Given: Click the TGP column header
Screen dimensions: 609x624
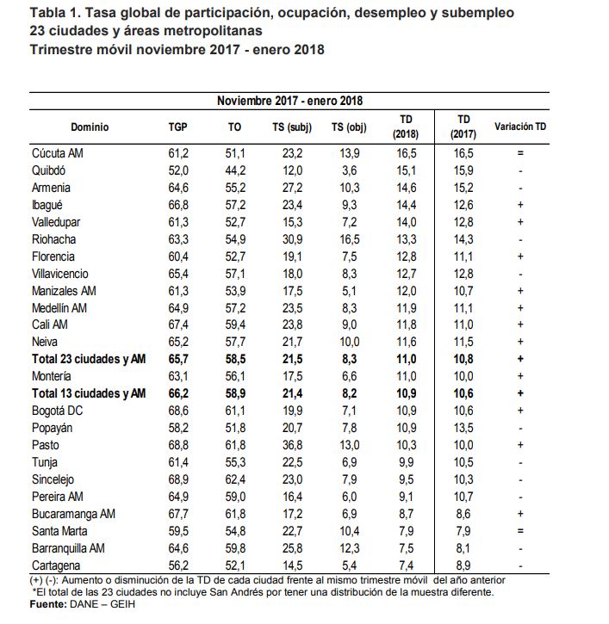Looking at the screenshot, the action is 177,127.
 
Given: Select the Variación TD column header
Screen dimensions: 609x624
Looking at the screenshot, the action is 520,127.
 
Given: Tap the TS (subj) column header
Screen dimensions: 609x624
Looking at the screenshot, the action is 292,127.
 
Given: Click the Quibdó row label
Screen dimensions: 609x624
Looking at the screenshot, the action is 48,170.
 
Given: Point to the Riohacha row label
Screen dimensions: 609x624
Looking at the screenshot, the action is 53,239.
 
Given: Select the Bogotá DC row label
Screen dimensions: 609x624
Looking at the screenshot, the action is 58,411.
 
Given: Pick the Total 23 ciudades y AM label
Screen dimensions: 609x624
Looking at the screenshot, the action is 89,359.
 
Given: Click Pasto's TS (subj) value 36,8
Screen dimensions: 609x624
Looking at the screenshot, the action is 292,445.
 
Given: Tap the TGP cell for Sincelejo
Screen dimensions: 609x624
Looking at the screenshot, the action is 178,479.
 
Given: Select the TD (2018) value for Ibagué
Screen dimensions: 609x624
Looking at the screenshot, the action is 407,205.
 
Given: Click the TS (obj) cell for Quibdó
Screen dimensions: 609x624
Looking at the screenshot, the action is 350,170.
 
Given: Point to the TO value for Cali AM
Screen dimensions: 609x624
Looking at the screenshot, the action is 235,324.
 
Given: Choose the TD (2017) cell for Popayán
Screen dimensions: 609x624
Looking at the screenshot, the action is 463,428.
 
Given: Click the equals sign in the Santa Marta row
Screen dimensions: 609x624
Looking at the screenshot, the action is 520,531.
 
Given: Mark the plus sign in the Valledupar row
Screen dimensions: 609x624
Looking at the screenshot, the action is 520,222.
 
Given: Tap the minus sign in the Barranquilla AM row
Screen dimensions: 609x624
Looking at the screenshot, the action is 520,549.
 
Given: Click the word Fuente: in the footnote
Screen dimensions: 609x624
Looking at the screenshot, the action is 48,604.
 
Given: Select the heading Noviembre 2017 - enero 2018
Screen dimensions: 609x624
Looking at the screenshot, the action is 290,101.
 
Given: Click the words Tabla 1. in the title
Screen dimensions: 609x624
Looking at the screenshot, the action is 56,13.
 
